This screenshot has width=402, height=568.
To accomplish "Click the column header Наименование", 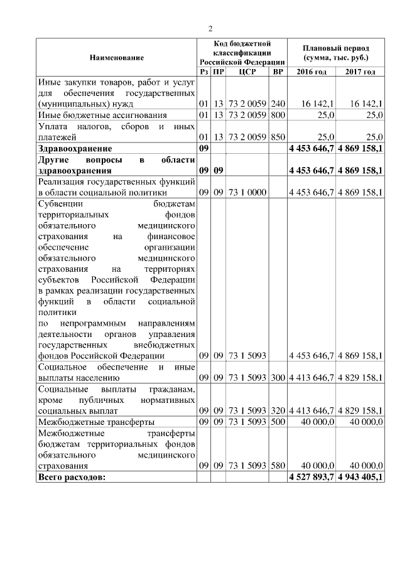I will pos(116,58).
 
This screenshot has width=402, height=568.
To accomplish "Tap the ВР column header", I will pos(278,72).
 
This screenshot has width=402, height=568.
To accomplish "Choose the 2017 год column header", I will pos(360,72).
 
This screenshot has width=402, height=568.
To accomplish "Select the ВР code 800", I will pos(278,115).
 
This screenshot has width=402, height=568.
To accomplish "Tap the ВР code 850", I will pos(278,137).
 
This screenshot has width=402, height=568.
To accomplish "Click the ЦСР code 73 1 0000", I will pos(242,192).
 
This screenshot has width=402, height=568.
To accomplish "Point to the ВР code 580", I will pos(278,466).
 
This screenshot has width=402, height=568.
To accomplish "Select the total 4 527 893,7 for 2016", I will pos(311,477).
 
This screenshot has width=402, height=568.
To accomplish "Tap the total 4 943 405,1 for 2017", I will pos(360,477).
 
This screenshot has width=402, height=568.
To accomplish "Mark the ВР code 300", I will pos(278,378).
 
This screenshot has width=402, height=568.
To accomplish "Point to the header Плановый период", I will pos(335,48).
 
